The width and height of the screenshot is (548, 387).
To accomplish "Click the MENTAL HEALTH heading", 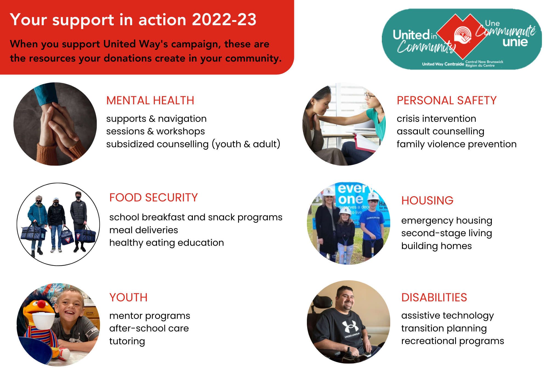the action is coord(150,100).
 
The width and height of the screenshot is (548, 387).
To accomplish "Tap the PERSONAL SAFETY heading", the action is coord(447,100).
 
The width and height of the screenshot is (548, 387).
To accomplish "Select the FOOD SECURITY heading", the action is coord(153,198).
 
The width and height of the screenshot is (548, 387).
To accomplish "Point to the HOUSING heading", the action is coord(427,201).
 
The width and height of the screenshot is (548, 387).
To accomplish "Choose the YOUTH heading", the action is coord(128,298).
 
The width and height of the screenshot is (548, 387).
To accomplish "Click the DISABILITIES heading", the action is coord(434,298).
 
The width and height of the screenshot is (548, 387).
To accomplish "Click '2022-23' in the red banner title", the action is coord(224,20).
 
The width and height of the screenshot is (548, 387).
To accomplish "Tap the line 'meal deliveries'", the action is coord(144,230).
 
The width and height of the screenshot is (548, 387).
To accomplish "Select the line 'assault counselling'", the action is coord(440,131).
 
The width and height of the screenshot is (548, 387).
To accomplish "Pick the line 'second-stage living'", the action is coord(447,233).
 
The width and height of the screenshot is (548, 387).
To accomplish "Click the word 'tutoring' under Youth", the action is coord(127,341).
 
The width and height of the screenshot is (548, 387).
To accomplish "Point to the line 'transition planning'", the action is coord(444,328).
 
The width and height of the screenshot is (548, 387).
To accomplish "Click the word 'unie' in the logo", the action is coord(515,42).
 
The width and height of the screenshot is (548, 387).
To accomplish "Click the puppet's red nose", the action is coord(41,304).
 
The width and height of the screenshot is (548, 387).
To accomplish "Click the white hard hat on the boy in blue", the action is coord(373,196).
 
